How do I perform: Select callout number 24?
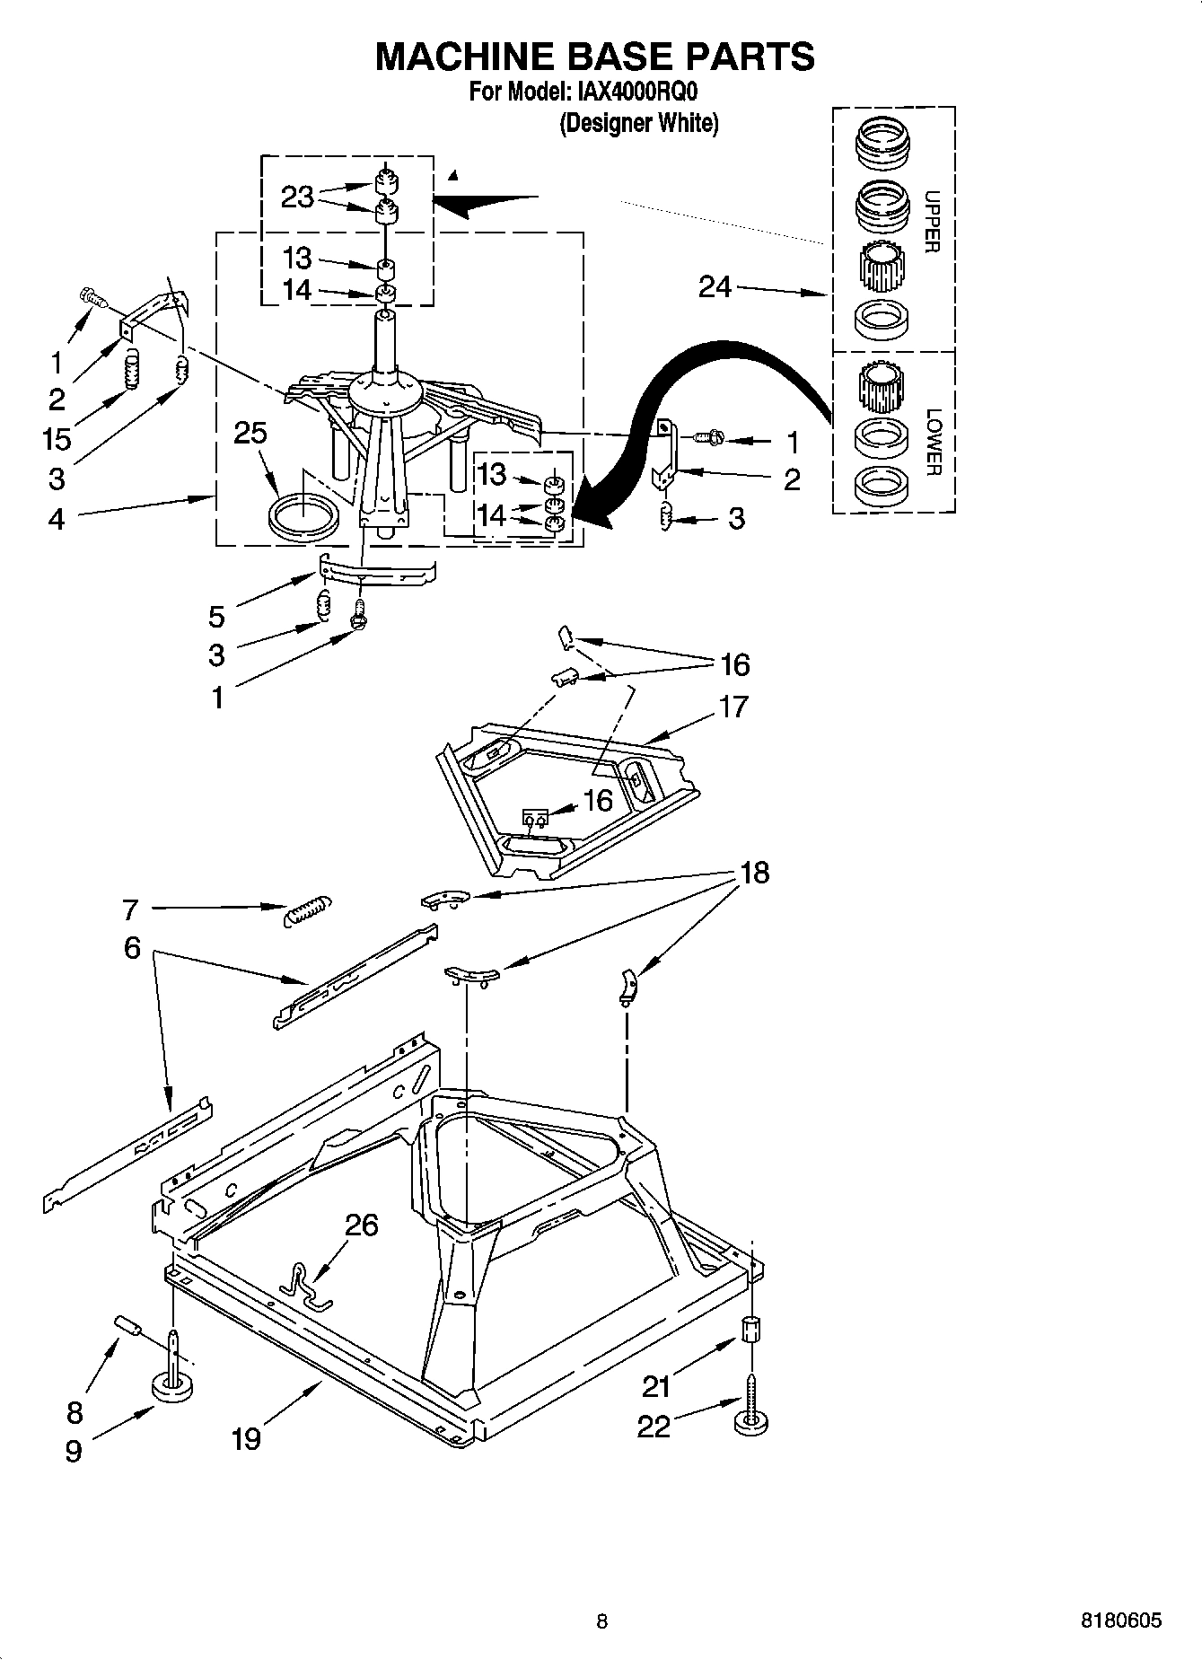715,287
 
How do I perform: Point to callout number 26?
361,1225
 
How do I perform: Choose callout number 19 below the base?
246,1438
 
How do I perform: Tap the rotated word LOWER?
934,442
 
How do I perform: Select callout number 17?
733,707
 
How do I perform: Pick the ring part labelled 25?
303,519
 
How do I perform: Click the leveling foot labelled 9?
173,1387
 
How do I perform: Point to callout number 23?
297,197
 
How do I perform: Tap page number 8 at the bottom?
601,1621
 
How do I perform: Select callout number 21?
656,1387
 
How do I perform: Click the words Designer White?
639,123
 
